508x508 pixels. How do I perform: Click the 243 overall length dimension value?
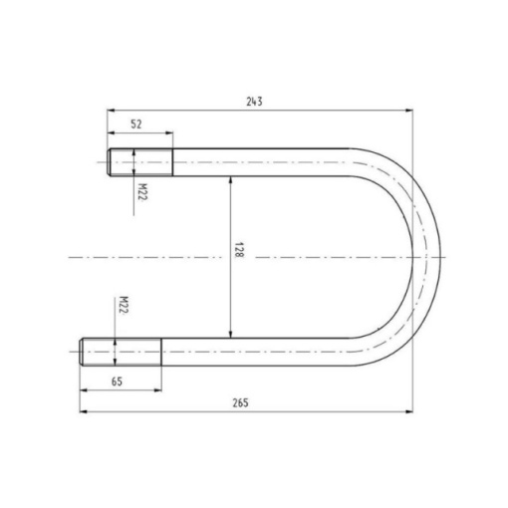point(254,102)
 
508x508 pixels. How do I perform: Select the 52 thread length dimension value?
point(136,125)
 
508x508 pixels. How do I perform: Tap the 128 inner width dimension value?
point(239,250)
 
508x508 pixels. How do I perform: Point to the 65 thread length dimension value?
point(117,381)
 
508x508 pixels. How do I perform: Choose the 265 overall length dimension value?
point(240,403)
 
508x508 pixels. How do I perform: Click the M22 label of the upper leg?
point(142,192)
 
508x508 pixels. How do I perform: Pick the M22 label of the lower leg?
point(124,305)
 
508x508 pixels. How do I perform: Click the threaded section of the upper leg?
point(139,162)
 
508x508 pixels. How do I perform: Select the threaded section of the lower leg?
point(121,352)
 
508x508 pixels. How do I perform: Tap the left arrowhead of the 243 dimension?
point(111,111)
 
